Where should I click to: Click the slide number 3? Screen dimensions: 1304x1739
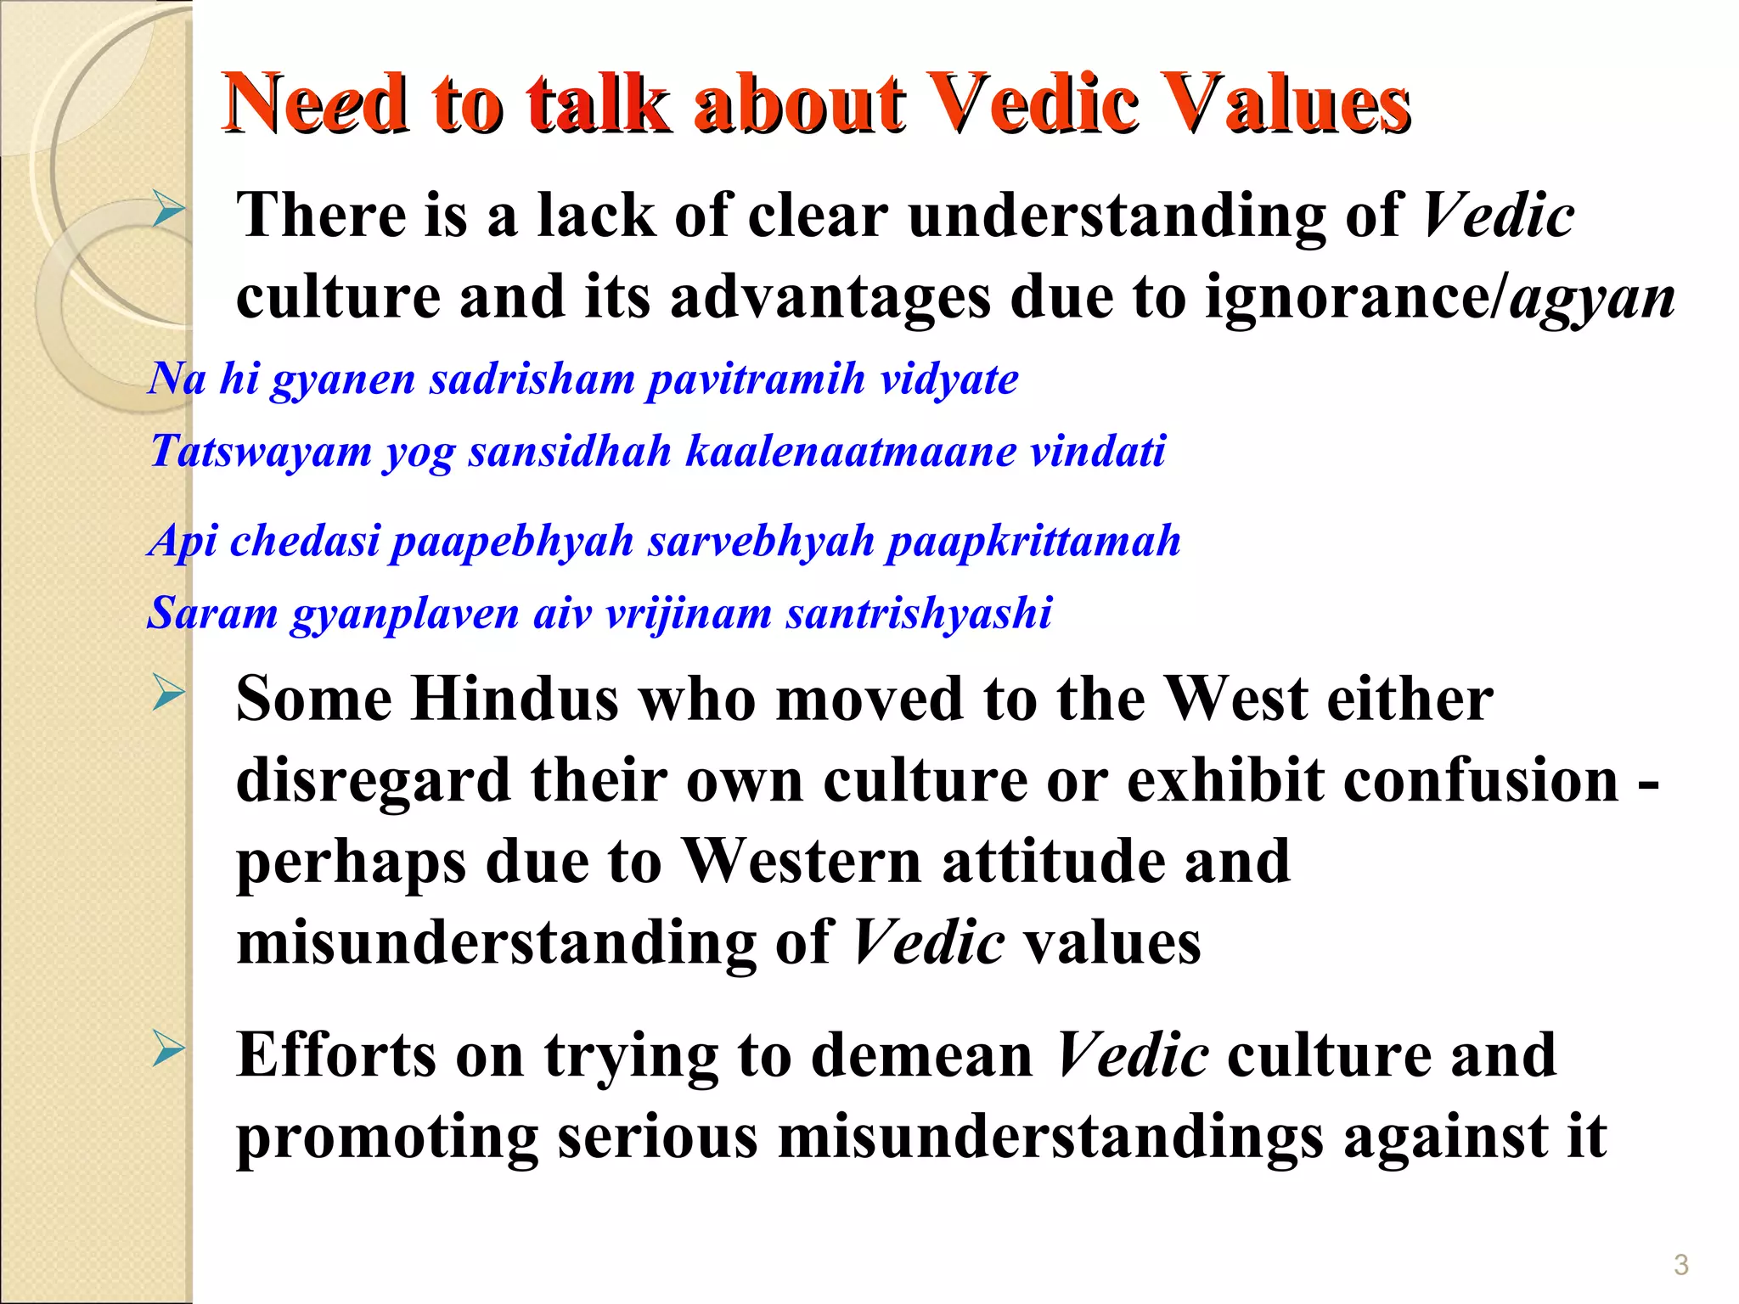(1680, 1265)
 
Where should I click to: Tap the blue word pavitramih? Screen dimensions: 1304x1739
(756, 379)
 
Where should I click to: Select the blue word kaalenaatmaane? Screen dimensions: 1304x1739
(851, 451)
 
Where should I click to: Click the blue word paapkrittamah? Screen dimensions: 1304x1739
(1033, 541)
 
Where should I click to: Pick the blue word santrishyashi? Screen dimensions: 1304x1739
(919, 613)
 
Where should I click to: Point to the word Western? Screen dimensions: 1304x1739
(802, 861)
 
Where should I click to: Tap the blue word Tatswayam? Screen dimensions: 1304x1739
(261, 451)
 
